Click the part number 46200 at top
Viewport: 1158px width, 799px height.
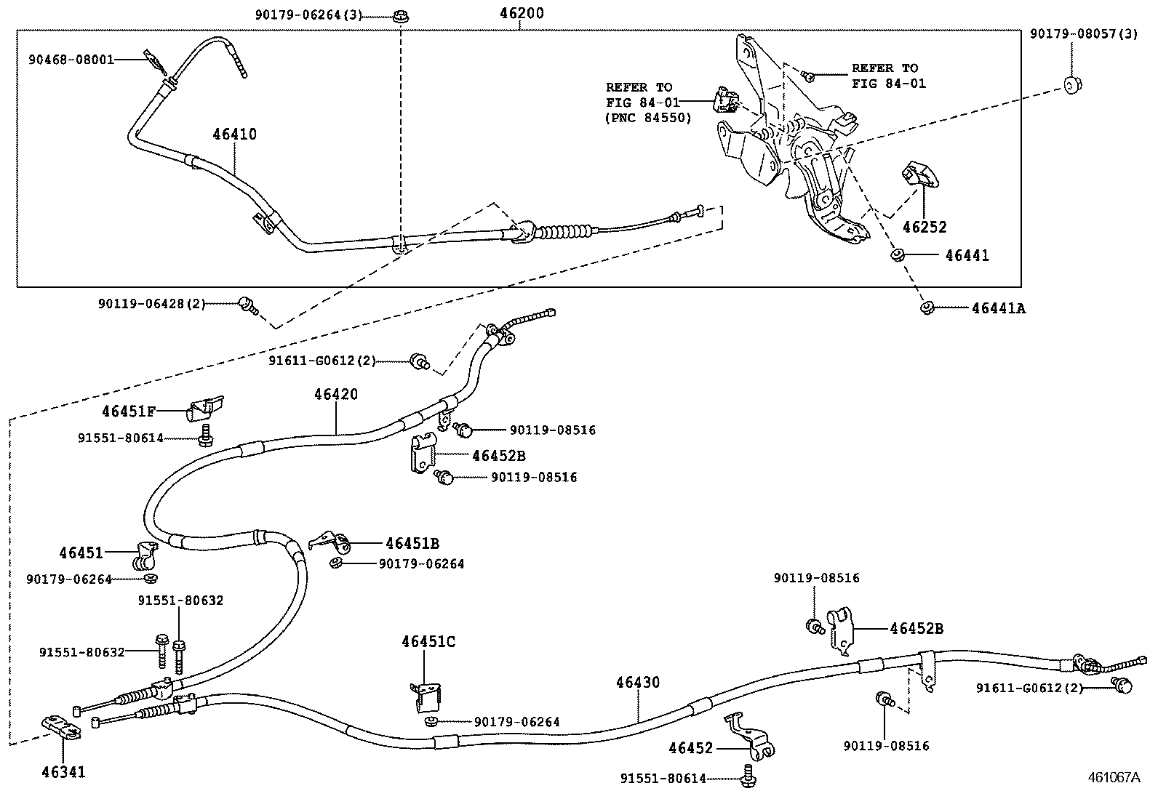(x=522, y=13)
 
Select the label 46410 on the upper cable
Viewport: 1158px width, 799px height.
(x=234, y=134)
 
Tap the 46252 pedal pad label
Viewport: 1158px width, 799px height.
(x=925, y=227)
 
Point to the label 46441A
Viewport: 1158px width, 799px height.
(x=998, y=308)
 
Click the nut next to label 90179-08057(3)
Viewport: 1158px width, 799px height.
(x=1071, y=84)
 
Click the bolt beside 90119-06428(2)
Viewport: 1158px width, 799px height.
(x=247, y=305)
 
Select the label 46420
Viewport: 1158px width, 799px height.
(x=336, y=394)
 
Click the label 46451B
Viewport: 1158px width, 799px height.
(x=412, y=543)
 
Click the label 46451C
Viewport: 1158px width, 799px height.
(x=428, y=641)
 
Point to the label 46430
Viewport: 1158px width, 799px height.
(x=638, y=682)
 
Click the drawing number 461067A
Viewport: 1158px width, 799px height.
(x=1114, y=777)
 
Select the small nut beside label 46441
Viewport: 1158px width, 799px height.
(x=897, y=255)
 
